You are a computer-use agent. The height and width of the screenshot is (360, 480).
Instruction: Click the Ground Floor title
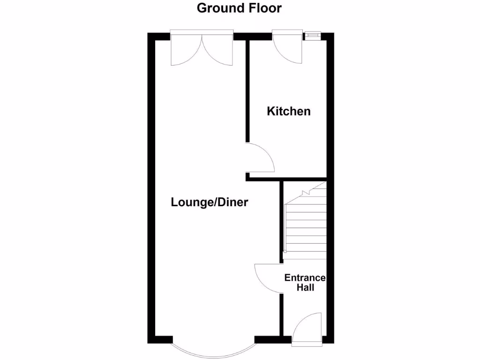[x=239, y=8]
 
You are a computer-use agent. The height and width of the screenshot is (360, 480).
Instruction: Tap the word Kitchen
[x=289, y=112]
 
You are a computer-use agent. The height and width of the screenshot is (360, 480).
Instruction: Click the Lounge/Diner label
[x=209, y=202]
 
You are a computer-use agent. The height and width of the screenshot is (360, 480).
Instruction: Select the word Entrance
[x=305, y=277]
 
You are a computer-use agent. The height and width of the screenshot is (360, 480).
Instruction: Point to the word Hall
[x=305, y=287]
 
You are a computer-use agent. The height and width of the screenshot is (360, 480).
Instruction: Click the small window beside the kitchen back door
[x=312, y=34]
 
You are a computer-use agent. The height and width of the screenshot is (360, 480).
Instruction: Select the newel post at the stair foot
[x=284, y=252]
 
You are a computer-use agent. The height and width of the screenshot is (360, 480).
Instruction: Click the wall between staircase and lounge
[x=282, y=216]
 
